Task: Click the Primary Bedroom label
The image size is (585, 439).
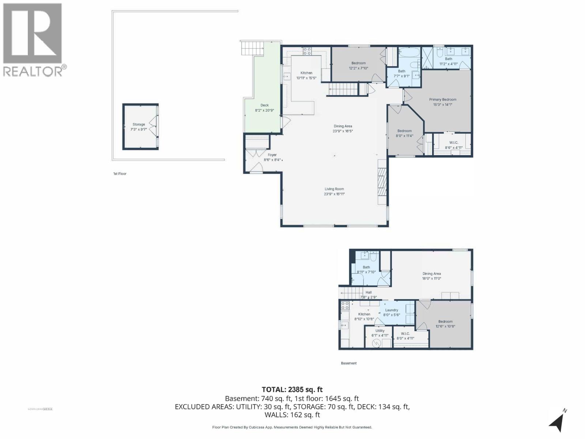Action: click(442, 100)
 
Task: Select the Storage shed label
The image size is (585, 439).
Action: click(139, 124)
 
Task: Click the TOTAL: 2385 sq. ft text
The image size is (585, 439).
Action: click(292, 390)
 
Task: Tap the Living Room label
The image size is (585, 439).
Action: click(334, 189)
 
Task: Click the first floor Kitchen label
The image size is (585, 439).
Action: click(306, 73)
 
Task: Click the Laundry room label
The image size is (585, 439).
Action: click(392, 310)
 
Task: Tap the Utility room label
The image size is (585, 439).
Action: click(380, 331)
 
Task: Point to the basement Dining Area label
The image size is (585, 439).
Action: click(431, 274)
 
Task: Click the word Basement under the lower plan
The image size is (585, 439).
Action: click(348, 363)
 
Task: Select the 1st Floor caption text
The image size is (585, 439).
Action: click(120, 174)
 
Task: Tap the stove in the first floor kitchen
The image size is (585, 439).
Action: click(307, 51)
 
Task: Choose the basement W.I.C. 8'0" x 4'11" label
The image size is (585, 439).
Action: click(405, 334)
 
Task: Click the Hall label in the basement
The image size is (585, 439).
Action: click(369, 292)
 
